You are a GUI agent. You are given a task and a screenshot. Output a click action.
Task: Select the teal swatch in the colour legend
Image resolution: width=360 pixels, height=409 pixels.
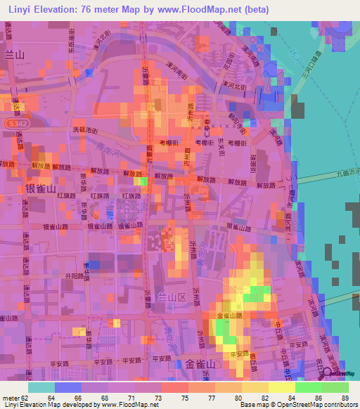click(41, 387)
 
